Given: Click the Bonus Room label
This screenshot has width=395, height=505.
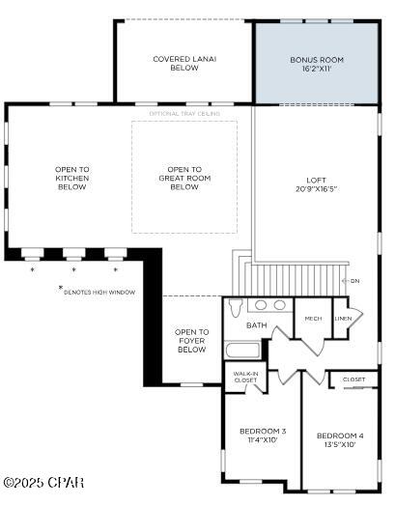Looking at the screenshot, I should point(316,60).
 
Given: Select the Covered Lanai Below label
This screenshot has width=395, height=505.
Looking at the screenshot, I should point(183,64).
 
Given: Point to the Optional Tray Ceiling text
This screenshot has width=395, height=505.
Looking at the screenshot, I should point(184,114).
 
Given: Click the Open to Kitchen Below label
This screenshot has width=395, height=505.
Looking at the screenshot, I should point(71,179).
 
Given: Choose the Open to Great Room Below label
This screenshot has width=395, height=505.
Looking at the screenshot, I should point(183,179).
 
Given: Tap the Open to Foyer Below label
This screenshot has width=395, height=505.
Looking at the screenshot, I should point(191,341).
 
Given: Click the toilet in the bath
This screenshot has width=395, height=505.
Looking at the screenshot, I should point(235,309).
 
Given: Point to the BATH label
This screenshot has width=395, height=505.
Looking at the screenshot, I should point(256,326).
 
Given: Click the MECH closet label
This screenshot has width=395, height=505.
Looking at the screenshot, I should point(313,319).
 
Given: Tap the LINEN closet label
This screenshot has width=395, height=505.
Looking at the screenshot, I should point(342,319).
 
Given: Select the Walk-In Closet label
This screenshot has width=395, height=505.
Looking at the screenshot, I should point(245,378).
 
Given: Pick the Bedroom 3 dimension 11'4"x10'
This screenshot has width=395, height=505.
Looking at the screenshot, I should point(263,441).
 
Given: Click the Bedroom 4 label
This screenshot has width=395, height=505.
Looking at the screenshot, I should point(340,435).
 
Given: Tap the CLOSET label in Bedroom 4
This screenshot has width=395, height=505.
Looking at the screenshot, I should point(353,379).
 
